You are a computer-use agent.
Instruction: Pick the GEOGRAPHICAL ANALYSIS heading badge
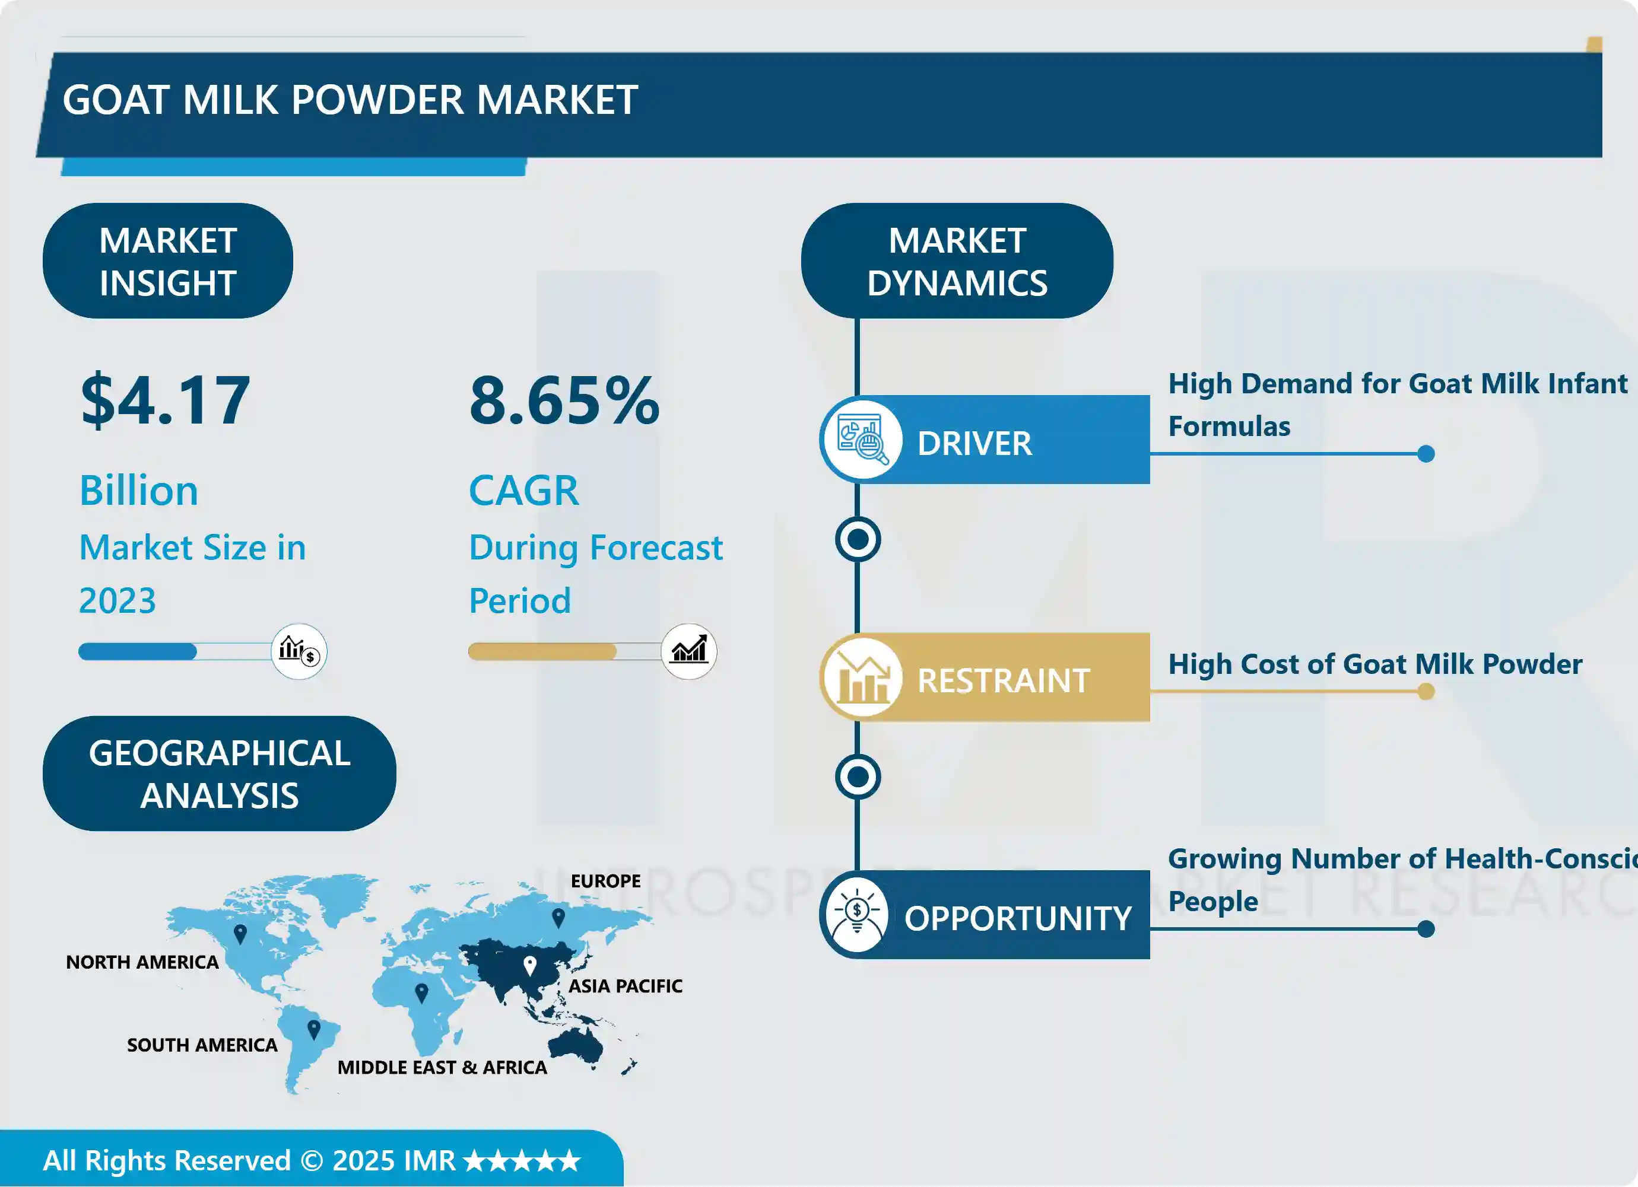219,774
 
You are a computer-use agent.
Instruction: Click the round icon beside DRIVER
861,440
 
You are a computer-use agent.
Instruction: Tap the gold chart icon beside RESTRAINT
861,678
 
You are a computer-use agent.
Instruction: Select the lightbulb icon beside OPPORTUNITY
857,915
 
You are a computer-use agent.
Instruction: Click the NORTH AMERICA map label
142,962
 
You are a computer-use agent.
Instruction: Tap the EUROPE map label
605,881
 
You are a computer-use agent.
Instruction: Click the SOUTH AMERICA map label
202,1045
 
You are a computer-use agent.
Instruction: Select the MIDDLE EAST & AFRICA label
442,1068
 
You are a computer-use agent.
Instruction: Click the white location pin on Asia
529,965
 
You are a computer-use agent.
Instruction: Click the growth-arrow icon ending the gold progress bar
689,651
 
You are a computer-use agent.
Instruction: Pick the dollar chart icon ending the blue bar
299,651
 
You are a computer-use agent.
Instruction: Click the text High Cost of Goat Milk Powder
1375,664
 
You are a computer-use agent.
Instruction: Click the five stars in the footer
522,1161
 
